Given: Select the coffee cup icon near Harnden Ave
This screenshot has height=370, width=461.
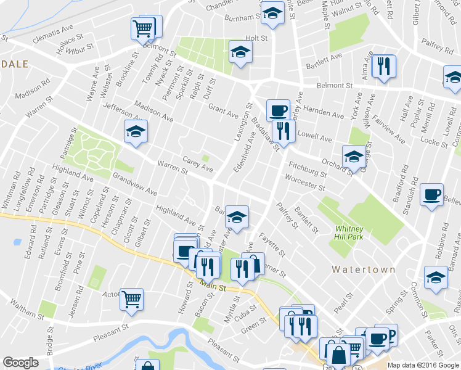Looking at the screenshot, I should point(278,110).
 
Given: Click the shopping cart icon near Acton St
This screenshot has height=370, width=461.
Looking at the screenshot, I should point(131,299).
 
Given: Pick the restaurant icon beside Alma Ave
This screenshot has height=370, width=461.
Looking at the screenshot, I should point(384,65).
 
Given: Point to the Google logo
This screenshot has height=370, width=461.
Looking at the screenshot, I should point(21,363).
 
